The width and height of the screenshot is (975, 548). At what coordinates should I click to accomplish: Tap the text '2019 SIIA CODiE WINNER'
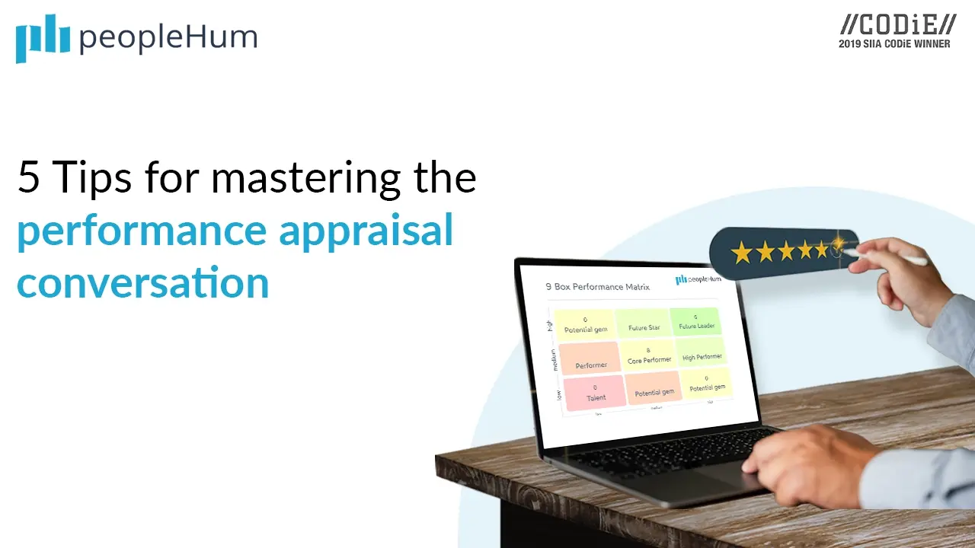pos(894,44)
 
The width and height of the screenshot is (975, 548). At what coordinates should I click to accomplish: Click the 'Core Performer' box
pos(648,355)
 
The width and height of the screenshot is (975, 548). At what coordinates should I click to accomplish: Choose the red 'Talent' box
pos(595,393)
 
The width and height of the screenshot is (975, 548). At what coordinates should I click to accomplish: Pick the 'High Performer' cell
pos(702,353)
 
